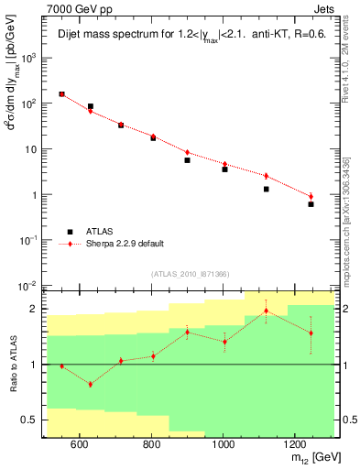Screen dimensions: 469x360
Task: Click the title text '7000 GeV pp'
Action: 77,8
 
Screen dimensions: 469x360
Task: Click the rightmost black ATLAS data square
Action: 311,204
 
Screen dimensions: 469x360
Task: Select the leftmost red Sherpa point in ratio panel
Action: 61,366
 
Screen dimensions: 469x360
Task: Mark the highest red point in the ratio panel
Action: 267,311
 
